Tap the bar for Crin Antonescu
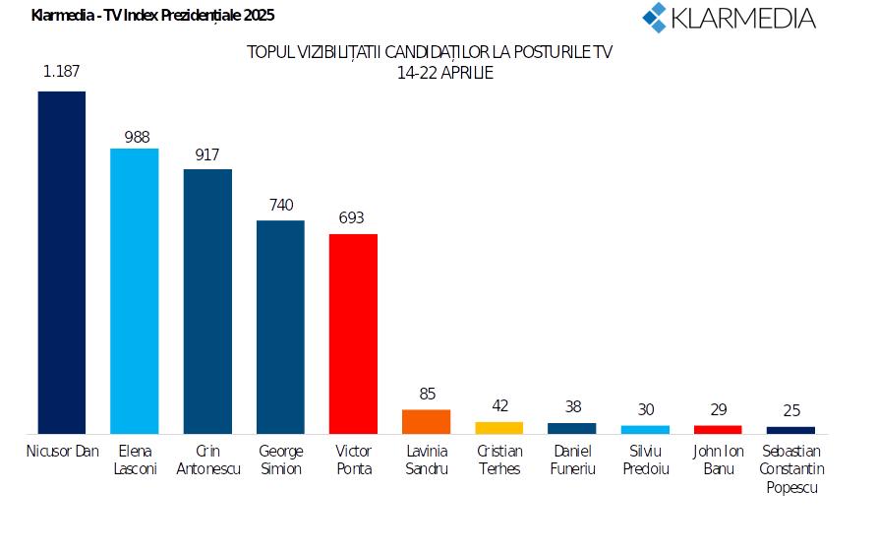pos(207,301)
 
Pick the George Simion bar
pos(280,327)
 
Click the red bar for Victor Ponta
pos(353,334)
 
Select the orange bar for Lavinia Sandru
pos(427,421)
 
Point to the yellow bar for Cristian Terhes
pos(499,427)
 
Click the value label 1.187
pos(62,70)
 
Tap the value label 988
pos(136,137)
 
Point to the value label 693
pos(353,216)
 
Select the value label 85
pos(427,394)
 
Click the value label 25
pos(790,409)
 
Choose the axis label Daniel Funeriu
pos(572,459)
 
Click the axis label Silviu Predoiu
pos(645,459)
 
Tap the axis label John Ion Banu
pos(719,459)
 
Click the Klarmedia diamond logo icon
pos(655,17)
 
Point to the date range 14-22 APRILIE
pos(429,73)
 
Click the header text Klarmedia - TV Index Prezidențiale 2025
pos(152,15)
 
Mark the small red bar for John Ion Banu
pos(718,429)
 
